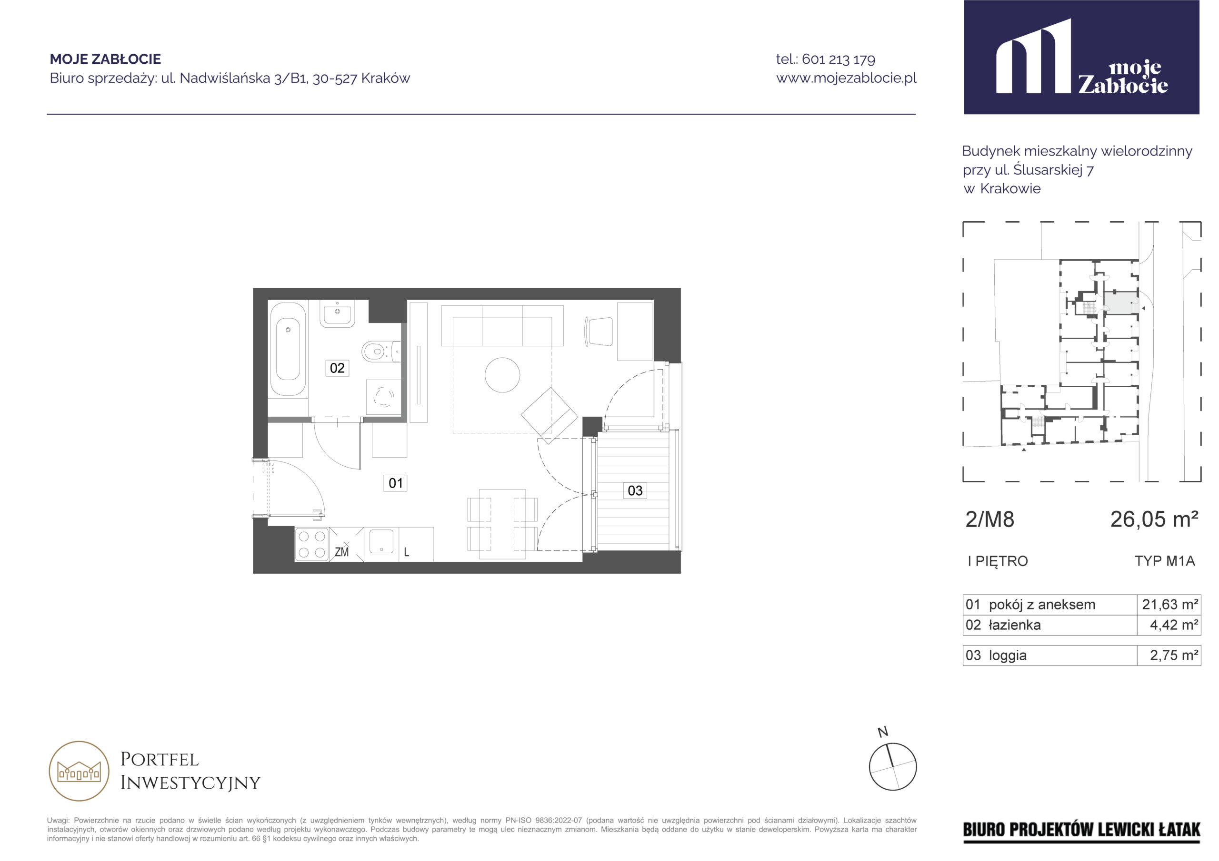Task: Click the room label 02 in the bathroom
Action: (337, 368)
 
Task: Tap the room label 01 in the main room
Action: (396, 483)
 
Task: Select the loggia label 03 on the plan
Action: (635, 491)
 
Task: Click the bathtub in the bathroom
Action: (288, 349)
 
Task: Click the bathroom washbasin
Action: (337, 313)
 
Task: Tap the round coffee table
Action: (502, 375)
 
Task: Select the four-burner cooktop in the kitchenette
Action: (311, 544)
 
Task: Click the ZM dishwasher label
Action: (342, 552)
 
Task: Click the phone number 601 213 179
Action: (839, 59)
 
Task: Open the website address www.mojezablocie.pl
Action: (846, 78)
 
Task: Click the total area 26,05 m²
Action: (1154, 519)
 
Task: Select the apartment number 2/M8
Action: (989, 520)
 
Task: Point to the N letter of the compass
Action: (883, 732)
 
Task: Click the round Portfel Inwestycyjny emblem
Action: (79, 771)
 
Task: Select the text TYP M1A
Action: (1165, 561)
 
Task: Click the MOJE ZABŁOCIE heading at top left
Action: (105, 59)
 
